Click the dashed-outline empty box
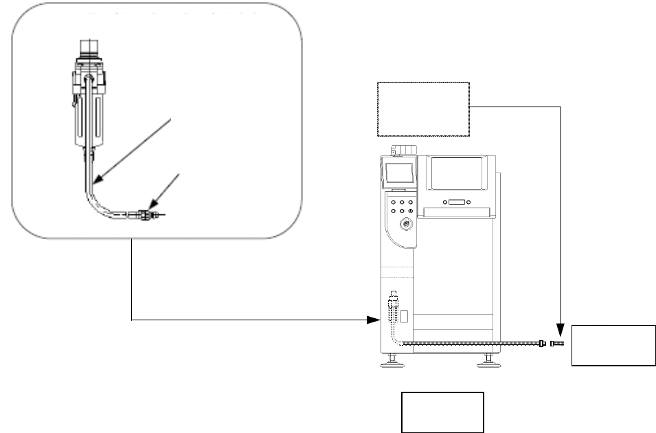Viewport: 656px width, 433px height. pos(423,109)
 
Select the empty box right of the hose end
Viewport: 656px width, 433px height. pos(613,345)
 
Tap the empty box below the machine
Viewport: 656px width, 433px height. pos(443,412)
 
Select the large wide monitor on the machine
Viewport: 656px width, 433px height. pos(457,173)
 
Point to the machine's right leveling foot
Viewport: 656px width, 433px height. pos(488,359)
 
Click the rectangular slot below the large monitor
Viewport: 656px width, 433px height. pos(456,202)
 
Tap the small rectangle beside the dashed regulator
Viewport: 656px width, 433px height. pos(405,316)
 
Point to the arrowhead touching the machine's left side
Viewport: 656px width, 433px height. pos(375,320)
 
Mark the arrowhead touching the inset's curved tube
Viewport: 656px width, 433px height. pos(97,181)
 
